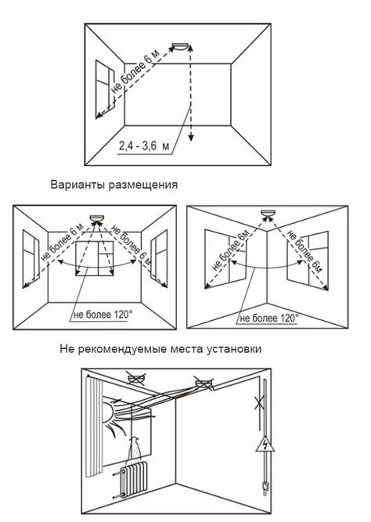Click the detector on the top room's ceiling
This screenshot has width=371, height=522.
point(181,46)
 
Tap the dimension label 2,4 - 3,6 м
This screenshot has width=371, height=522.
point(143,146)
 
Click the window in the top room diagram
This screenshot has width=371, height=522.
point(105,88)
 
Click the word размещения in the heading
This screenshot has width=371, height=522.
point(143,185)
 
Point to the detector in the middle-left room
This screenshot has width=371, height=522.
point(98,218)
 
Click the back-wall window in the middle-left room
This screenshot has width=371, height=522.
point(95,259)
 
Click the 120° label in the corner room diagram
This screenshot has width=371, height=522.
point(269,319)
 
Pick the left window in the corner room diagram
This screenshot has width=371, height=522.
point(225,259)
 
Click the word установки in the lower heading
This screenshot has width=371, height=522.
point(234,349)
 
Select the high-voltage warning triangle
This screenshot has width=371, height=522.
point(265,444)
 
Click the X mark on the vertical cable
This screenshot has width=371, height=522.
point(260,403)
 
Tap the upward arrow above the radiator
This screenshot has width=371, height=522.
point(134,448)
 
